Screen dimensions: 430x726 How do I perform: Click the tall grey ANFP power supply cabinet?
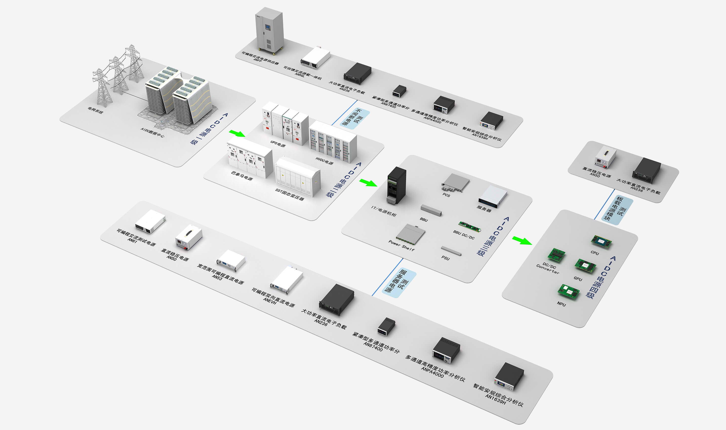click(x=269, y=30)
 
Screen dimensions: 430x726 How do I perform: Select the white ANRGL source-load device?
click(x=316, y=58)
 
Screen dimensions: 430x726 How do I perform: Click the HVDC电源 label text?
click(x=324, y=161)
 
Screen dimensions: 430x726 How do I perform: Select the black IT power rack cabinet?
click(x=397, y=185)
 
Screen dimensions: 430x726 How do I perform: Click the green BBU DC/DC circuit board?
click(x=469, y=227)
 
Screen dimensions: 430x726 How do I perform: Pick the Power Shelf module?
click(x=410, y=234)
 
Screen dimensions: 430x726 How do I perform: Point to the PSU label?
click(x=445, y=258)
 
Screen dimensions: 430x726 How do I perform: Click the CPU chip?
click(x=601, y=241)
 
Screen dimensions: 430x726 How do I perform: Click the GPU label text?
click(x=578, y=279)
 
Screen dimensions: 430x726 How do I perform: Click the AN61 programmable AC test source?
click(x=150, y=221)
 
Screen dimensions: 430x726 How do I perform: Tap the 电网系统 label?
click(x=95, y=110)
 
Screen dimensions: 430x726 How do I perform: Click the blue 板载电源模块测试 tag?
click(x=617, y=210)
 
